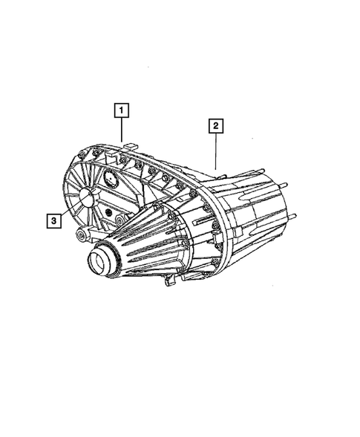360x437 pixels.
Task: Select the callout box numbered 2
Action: pyautogui.click(x=215, y=126)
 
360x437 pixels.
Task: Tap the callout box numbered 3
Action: pyautogui.click(x=53, y=220)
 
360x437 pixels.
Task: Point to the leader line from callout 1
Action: pyautogui.click(x=122, y=130)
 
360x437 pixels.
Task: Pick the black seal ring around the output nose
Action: pyautogui.click(x=106, y=255)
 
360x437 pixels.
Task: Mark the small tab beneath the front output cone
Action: pyautogui.click(x=169, y=281)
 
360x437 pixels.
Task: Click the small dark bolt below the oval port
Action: pyautogui.click(x=117, y=217)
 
